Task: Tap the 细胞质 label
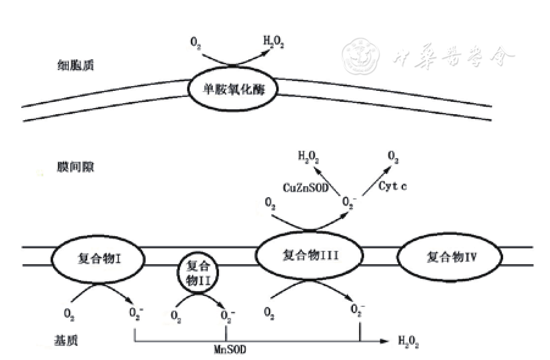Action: coord(69,64)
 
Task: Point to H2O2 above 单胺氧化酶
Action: coord(274,43)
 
